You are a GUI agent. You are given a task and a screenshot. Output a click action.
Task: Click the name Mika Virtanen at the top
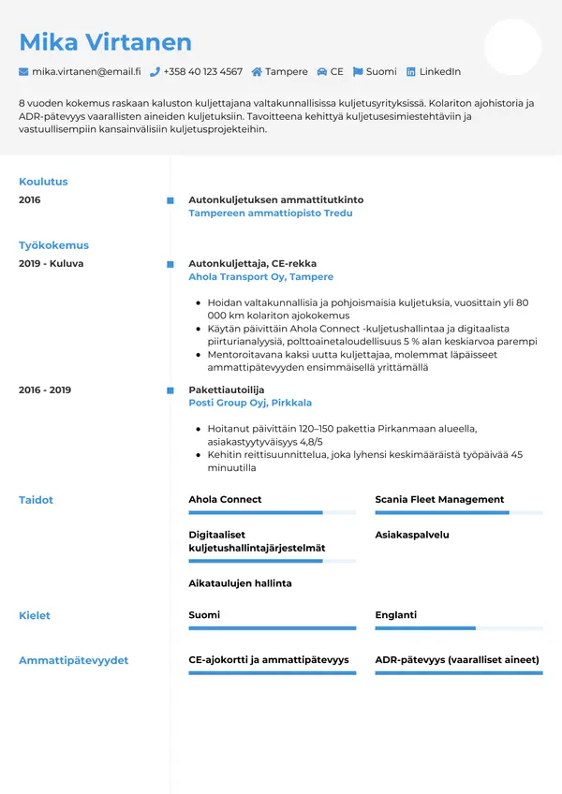coord(105,42)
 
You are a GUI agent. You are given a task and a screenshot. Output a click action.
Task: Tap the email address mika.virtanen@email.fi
coord(86,72)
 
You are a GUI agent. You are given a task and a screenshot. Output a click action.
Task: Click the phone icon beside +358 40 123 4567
coord(155,72)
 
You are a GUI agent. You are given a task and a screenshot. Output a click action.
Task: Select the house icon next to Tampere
coord(257,72)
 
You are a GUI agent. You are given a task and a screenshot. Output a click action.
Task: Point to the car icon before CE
coord(322,72)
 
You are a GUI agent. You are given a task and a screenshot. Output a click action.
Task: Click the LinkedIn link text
coord(439,72)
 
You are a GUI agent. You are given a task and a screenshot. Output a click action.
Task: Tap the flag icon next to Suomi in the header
coord(358,72)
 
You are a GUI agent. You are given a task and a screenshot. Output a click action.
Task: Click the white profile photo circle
coord(512,47)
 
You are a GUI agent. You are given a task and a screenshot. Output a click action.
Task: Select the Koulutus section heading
coord(43,182)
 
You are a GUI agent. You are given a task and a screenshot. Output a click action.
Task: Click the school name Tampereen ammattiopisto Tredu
coord(271,213)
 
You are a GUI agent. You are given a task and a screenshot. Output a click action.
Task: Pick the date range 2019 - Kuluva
coord(51,264)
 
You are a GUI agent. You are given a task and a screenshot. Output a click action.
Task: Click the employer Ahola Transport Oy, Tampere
coord(260,277)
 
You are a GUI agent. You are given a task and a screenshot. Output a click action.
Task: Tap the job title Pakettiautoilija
coord(227,390)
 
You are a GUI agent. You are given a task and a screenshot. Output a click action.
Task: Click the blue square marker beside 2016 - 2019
coord(170,390)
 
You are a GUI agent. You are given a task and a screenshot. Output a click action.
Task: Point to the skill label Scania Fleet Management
coord(439,500)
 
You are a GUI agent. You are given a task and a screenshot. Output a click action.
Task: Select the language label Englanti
coord(395,615)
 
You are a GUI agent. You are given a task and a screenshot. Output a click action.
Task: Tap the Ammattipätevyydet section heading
coord(74,660)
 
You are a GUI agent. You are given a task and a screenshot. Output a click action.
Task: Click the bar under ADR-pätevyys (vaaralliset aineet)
coord(458,673)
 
